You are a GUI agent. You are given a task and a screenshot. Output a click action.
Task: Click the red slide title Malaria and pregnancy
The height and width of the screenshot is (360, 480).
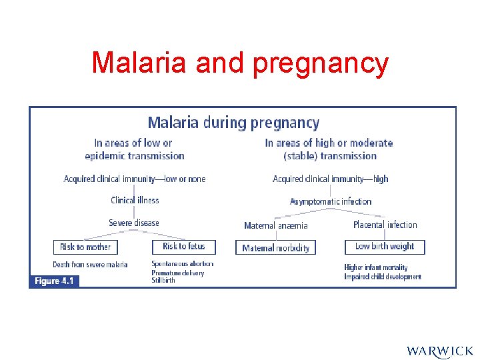coord(240,63)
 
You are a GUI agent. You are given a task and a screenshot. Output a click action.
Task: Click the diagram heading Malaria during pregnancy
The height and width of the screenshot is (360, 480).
coord(233,123)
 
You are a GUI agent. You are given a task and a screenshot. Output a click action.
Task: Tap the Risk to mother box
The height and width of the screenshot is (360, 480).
coord(85,247)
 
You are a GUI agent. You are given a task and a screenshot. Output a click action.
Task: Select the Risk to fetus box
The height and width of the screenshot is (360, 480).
coord(184,247)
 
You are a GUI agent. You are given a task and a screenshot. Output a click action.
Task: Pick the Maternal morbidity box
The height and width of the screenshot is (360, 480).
coord(275,248)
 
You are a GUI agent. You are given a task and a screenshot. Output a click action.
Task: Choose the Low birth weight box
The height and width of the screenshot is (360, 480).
coord(385,247)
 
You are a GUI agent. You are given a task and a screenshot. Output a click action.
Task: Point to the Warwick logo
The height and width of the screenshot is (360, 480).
coord(439,350)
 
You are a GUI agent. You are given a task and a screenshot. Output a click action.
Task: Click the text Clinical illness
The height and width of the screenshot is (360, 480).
coord(135,200)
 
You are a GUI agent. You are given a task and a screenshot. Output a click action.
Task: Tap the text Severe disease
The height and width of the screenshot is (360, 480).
coord(134,223)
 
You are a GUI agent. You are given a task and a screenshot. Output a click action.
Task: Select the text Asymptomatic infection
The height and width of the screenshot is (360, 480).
coord(331,201)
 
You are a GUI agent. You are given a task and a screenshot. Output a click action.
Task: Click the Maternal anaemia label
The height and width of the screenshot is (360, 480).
coord(276,226)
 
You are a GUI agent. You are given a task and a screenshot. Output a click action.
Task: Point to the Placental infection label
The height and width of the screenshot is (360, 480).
coord(385,225)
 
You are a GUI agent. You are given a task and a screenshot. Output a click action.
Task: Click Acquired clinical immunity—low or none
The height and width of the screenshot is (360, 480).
coord(135,179)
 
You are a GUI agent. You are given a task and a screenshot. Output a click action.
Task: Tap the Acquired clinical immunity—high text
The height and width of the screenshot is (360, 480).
coord(331,179)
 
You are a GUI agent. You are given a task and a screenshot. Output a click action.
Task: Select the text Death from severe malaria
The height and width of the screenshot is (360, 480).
coord(90,265)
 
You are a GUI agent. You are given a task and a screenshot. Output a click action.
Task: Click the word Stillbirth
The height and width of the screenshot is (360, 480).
coord(163,281)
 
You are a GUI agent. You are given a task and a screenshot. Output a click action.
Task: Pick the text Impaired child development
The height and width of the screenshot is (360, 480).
coord(383,277)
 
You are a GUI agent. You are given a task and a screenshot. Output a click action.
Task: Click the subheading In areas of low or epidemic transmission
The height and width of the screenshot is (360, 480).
coord(134,149)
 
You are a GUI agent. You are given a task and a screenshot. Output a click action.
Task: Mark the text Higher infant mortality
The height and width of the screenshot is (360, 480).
coord(376,267)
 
